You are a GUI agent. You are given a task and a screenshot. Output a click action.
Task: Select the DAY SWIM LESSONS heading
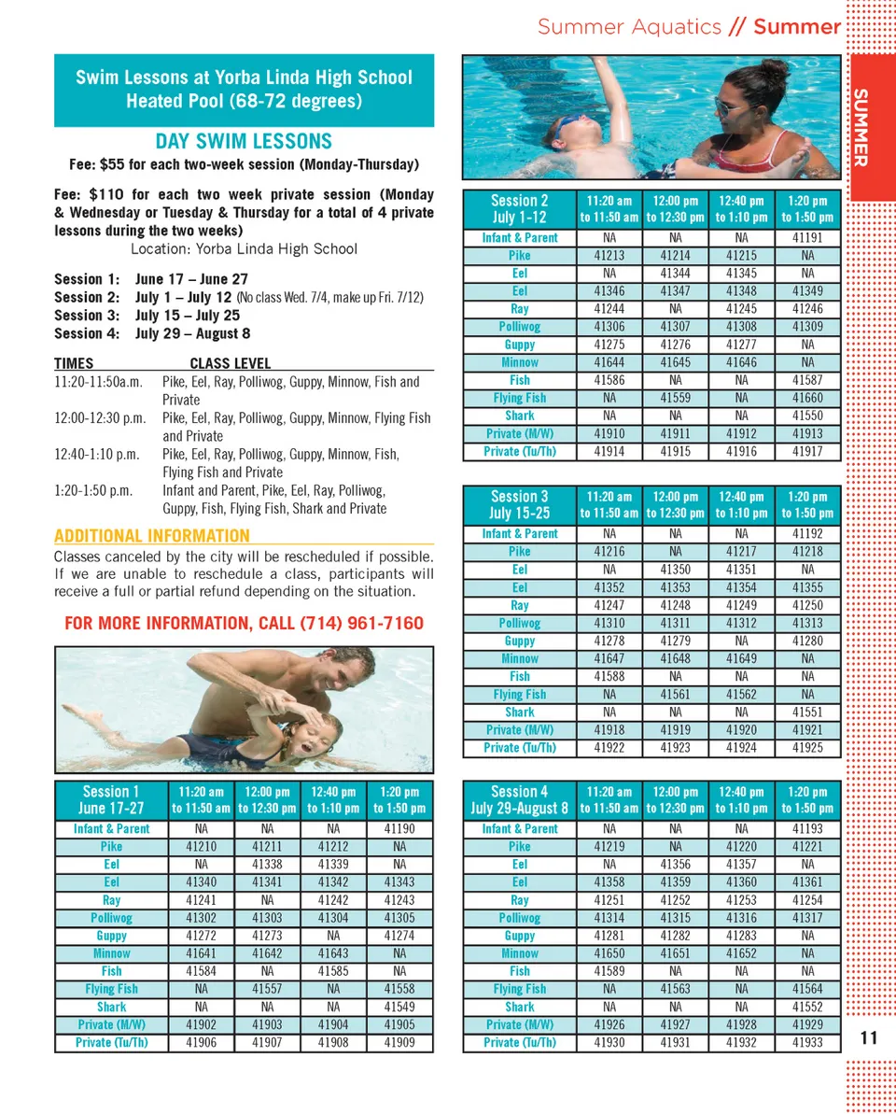[244, 142]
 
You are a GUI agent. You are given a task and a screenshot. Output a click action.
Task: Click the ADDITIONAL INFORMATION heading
[152, 536]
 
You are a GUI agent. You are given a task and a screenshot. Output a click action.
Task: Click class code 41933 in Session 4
[807, 1042]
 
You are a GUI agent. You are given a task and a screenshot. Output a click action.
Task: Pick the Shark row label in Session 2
[520, 416]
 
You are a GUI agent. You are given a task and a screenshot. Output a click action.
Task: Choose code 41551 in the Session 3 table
[807, 712]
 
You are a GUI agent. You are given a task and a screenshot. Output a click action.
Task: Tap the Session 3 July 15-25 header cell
[520, 504]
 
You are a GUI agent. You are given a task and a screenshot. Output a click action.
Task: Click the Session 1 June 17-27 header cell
[112, 799]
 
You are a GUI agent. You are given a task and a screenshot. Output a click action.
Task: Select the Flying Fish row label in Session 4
[520, 989]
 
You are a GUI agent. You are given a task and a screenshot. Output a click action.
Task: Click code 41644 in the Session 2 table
[609, 362]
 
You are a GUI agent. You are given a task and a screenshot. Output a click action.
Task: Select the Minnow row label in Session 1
[112, 953]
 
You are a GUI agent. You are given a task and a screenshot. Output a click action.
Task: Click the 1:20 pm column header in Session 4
[807, 799]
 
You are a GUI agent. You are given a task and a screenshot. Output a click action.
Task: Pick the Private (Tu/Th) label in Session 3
[520, 748]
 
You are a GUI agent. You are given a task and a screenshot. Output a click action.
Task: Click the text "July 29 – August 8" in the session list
[192, 333]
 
